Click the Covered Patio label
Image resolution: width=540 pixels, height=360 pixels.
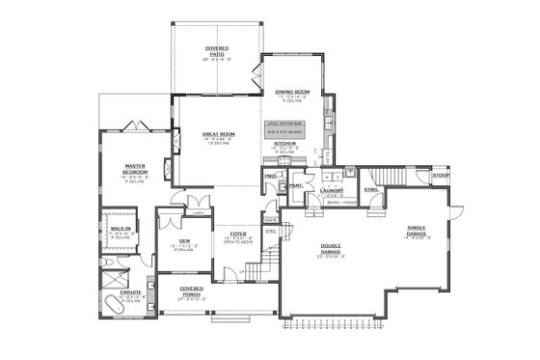(215, 50)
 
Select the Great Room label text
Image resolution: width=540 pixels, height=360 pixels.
(218, 135)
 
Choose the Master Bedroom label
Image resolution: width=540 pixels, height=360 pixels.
(134, 170)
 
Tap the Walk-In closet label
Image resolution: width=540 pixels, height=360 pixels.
(121, 229)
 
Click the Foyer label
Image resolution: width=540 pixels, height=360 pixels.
(237, 234)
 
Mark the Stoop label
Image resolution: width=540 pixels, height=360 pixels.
(441, 176)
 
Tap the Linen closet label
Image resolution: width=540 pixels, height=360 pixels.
(198, 213)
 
